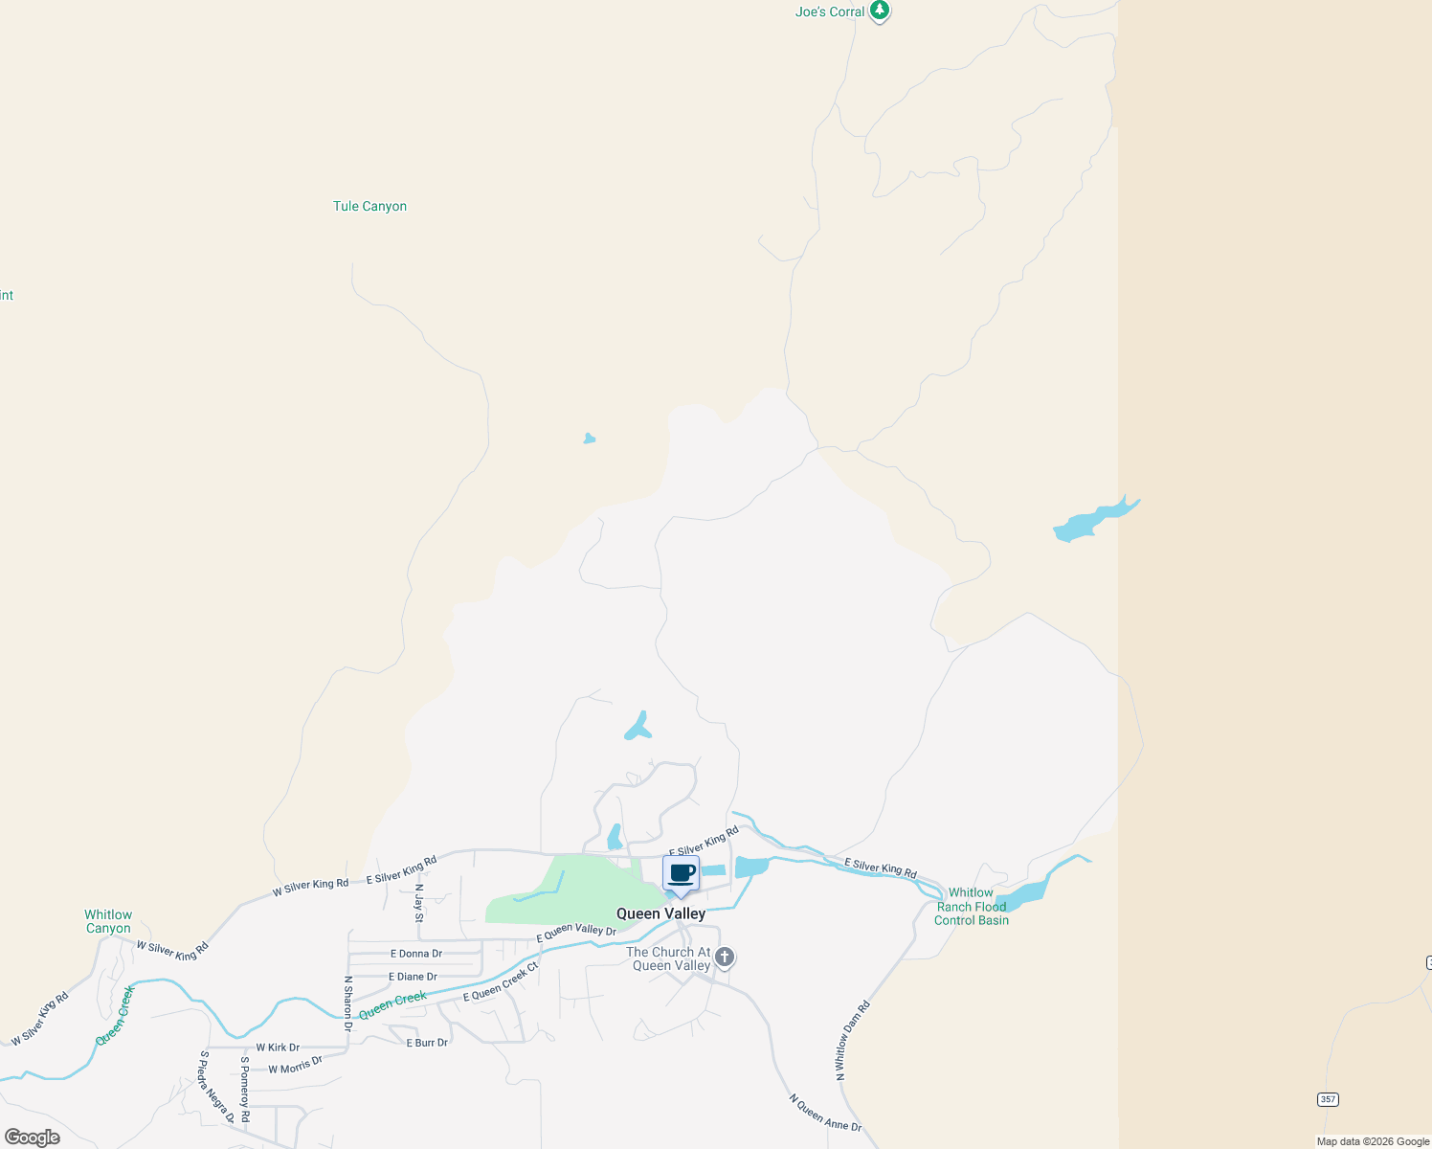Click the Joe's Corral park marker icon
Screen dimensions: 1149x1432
coord(880,11)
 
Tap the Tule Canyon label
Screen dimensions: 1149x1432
coord(369,206)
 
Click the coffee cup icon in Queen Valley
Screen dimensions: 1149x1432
coord(681,873)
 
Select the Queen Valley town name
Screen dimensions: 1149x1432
coord(660,913)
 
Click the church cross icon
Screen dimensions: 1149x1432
coord(725,957)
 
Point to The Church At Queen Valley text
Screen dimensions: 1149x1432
coord(669,958)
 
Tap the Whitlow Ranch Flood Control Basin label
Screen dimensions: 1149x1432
coord(971,907)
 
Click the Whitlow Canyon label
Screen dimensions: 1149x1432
coord(108,921)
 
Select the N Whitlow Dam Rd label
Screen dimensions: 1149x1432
coord(851,1041)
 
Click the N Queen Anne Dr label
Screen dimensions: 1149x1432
coord(825,1114)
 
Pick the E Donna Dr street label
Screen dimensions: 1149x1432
coord(416,954)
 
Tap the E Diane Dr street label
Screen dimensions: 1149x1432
coord(413,977)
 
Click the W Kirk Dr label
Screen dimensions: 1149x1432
coord(278,1048)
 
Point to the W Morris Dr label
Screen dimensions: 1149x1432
coord(295,1065)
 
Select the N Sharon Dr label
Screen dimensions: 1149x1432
coord(348,1003)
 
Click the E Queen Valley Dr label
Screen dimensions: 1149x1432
coord(576,930)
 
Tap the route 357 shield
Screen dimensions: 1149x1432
coord(1327,1099)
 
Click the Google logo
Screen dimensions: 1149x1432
coord(32,1138)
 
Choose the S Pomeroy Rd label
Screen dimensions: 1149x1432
coord(245,1090)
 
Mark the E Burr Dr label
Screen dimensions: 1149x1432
coord(427,1043)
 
